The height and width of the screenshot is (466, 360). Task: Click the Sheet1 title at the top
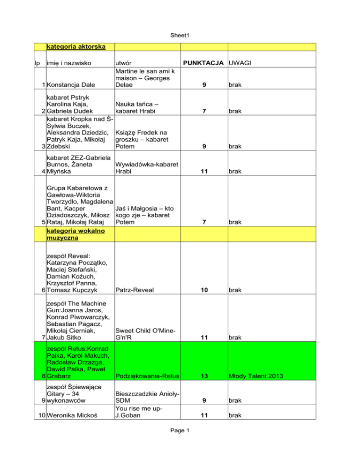[180, 35]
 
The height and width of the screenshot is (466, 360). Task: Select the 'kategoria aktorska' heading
[75, 47]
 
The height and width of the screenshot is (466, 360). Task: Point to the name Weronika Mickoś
[74, 415]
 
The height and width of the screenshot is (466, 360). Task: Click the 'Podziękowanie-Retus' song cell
[147, 376]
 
